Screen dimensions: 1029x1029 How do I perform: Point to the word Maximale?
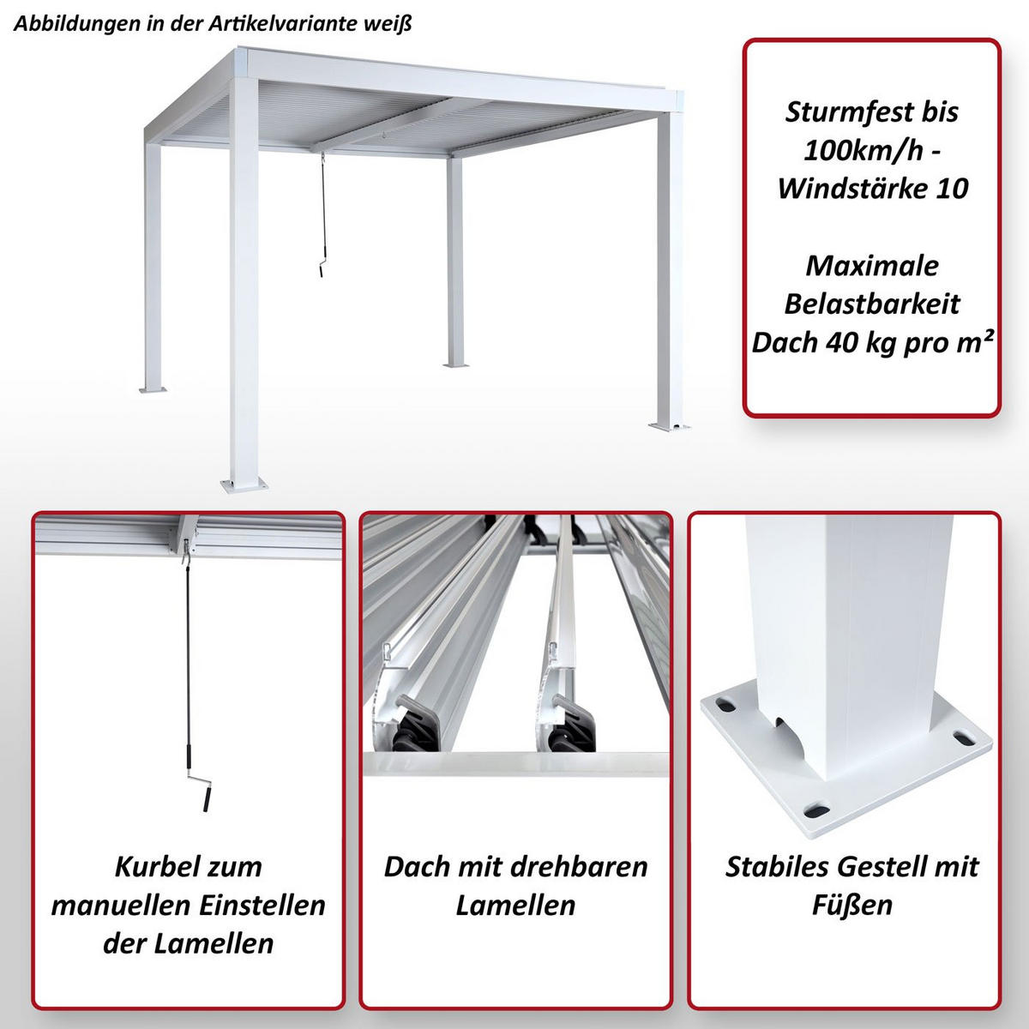coord(872,266)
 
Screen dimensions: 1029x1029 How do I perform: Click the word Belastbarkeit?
coord(872,304)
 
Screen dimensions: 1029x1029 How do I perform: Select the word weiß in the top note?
coord(390,24)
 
